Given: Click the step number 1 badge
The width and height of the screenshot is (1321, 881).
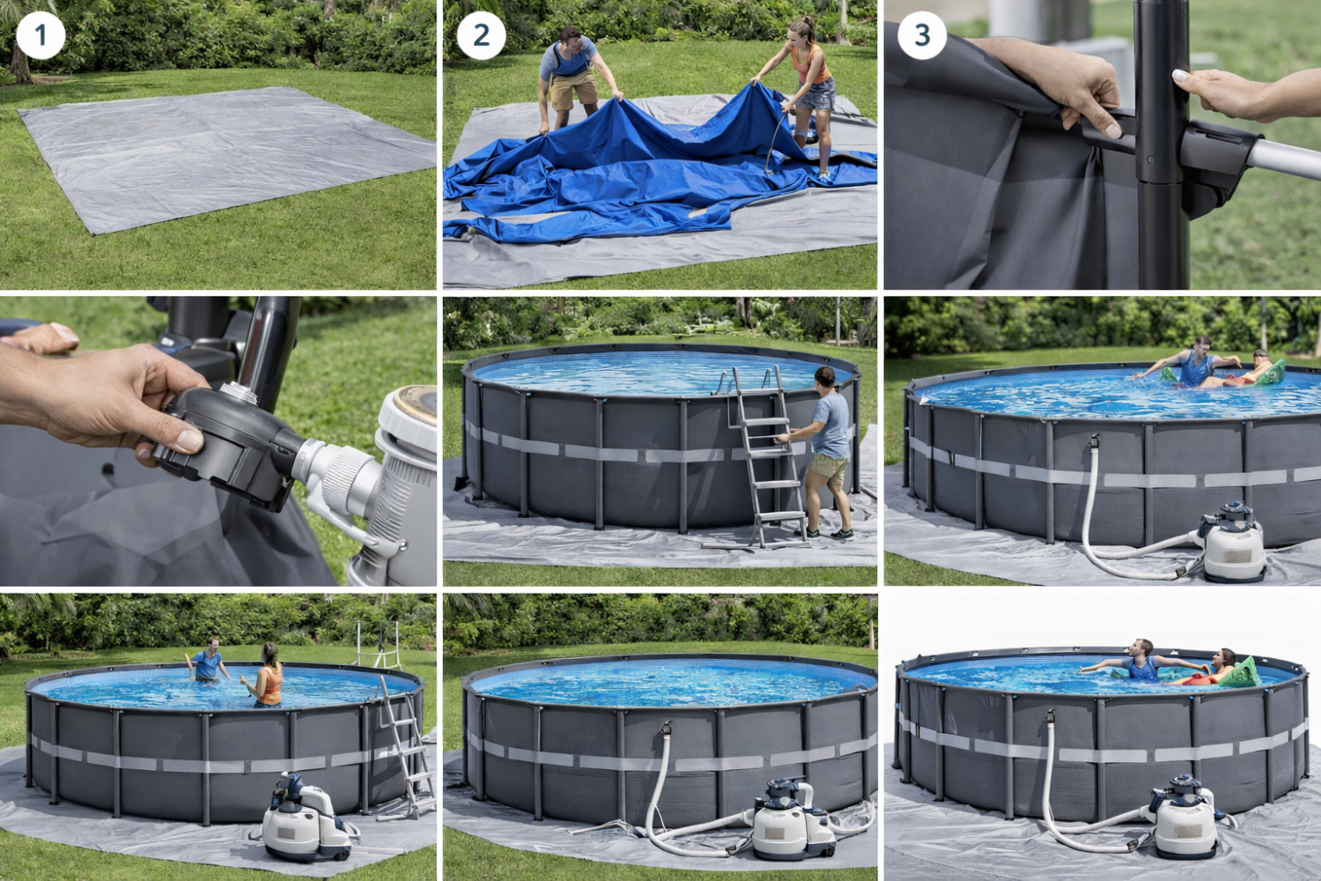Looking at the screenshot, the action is click(x=41, y=35).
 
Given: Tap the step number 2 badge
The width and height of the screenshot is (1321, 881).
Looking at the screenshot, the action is click(x=481, y=35).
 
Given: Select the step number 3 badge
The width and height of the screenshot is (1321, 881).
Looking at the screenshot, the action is click(x=922, y=35).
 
